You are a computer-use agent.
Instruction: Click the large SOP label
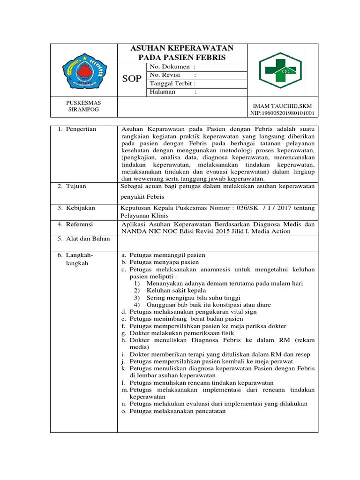tap(131, 79)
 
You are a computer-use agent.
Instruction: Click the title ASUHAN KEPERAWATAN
tap(181, 48)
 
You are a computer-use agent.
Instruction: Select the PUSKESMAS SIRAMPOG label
tap(83, 106)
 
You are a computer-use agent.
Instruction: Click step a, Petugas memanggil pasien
tap(163, 255)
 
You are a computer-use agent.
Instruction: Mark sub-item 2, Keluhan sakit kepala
tap(170, 291)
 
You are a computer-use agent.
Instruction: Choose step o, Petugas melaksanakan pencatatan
tap(173, 411)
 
